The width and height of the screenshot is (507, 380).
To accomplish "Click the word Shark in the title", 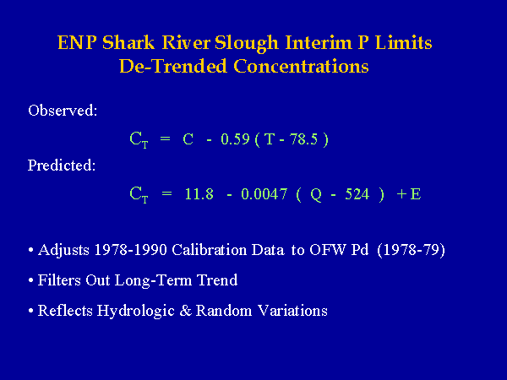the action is tap(128, 43).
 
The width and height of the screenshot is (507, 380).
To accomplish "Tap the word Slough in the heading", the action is tap(247, 44).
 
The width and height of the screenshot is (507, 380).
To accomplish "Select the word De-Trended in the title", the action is tap(173, 66).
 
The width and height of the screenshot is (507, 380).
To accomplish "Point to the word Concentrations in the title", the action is tap(301, 66).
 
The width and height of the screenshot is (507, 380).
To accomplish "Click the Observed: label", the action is tap(63, 110).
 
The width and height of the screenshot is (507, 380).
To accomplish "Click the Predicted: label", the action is tap(62, 166).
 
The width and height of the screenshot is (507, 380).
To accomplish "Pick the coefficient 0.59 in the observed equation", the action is tap(235, 139).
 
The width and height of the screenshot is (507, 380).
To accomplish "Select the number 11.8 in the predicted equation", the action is tap(199, 194).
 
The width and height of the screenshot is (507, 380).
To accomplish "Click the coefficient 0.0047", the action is tap(264, 194).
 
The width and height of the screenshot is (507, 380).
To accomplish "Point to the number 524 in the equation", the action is tap(357, 194).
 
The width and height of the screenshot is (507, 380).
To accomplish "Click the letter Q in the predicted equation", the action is tap(316, 195).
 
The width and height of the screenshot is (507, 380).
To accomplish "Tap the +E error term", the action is tap(409, 194).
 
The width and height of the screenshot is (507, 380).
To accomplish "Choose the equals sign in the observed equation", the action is tap(165, 139).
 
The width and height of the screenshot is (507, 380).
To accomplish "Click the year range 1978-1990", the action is tap(131, 250).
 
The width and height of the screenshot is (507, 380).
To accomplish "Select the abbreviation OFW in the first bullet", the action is tap(328, 250).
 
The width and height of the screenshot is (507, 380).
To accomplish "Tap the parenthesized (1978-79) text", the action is tap(412, 250).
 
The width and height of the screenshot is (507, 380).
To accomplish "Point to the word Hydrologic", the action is tap(136, 311).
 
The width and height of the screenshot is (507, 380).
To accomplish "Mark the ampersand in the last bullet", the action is tap(186, 311).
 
